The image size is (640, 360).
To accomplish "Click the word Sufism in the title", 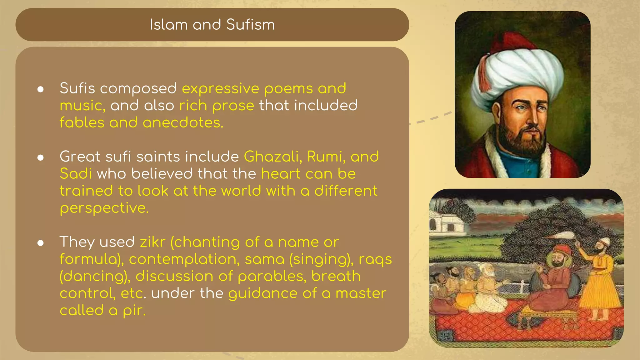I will (250, 25).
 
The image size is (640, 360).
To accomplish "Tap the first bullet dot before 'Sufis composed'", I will (40, 90).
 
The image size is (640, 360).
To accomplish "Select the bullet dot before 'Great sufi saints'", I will (40, 157).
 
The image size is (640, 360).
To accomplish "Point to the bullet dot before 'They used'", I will (40, 243).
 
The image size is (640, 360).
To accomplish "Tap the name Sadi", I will (76, 174).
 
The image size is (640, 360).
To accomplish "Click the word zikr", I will (152, 242).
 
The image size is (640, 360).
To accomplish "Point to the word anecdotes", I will (183, 123).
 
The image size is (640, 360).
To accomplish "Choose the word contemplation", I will (184, 259).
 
